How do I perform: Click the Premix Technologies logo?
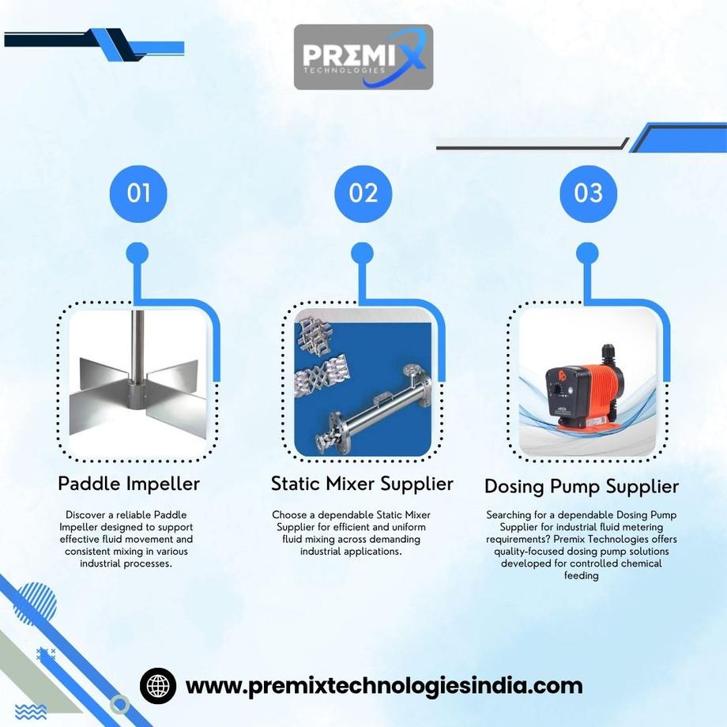point(363,57)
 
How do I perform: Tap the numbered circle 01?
point(138,194)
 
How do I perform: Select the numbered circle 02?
point(363,194)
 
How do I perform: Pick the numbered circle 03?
point(589,194)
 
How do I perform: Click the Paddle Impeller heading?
point(129,484)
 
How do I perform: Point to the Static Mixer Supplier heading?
point(362,484)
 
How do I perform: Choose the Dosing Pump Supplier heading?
point(582,487)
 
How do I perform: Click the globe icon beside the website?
point(158,686)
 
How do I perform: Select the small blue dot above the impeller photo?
point(137,254)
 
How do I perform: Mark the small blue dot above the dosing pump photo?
point(587,254)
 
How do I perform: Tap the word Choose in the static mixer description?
point(287,514)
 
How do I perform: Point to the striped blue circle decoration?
point(35,605)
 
